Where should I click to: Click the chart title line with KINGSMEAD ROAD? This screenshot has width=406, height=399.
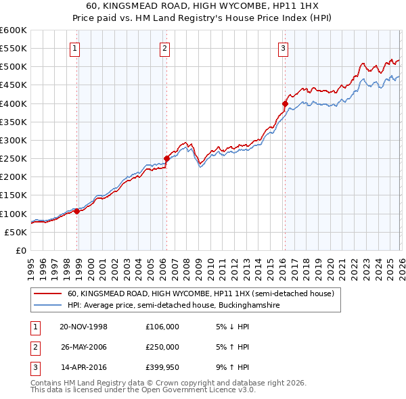202,5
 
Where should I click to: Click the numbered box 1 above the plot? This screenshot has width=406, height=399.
74,48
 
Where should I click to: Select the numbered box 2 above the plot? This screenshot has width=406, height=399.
164,48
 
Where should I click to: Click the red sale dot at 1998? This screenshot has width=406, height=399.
76,211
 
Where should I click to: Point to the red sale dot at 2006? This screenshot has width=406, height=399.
166,158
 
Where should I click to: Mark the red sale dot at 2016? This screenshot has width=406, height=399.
285,103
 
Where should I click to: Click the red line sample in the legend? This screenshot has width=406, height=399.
48,294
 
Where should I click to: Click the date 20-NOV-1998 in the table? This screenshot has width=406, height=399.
83,327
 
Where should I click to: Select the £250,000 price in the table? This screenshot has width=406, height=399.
162,347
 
